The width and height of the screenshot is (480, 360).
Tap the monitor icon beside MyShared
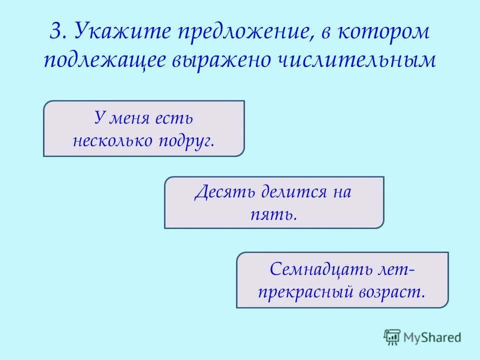[392, 337]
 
